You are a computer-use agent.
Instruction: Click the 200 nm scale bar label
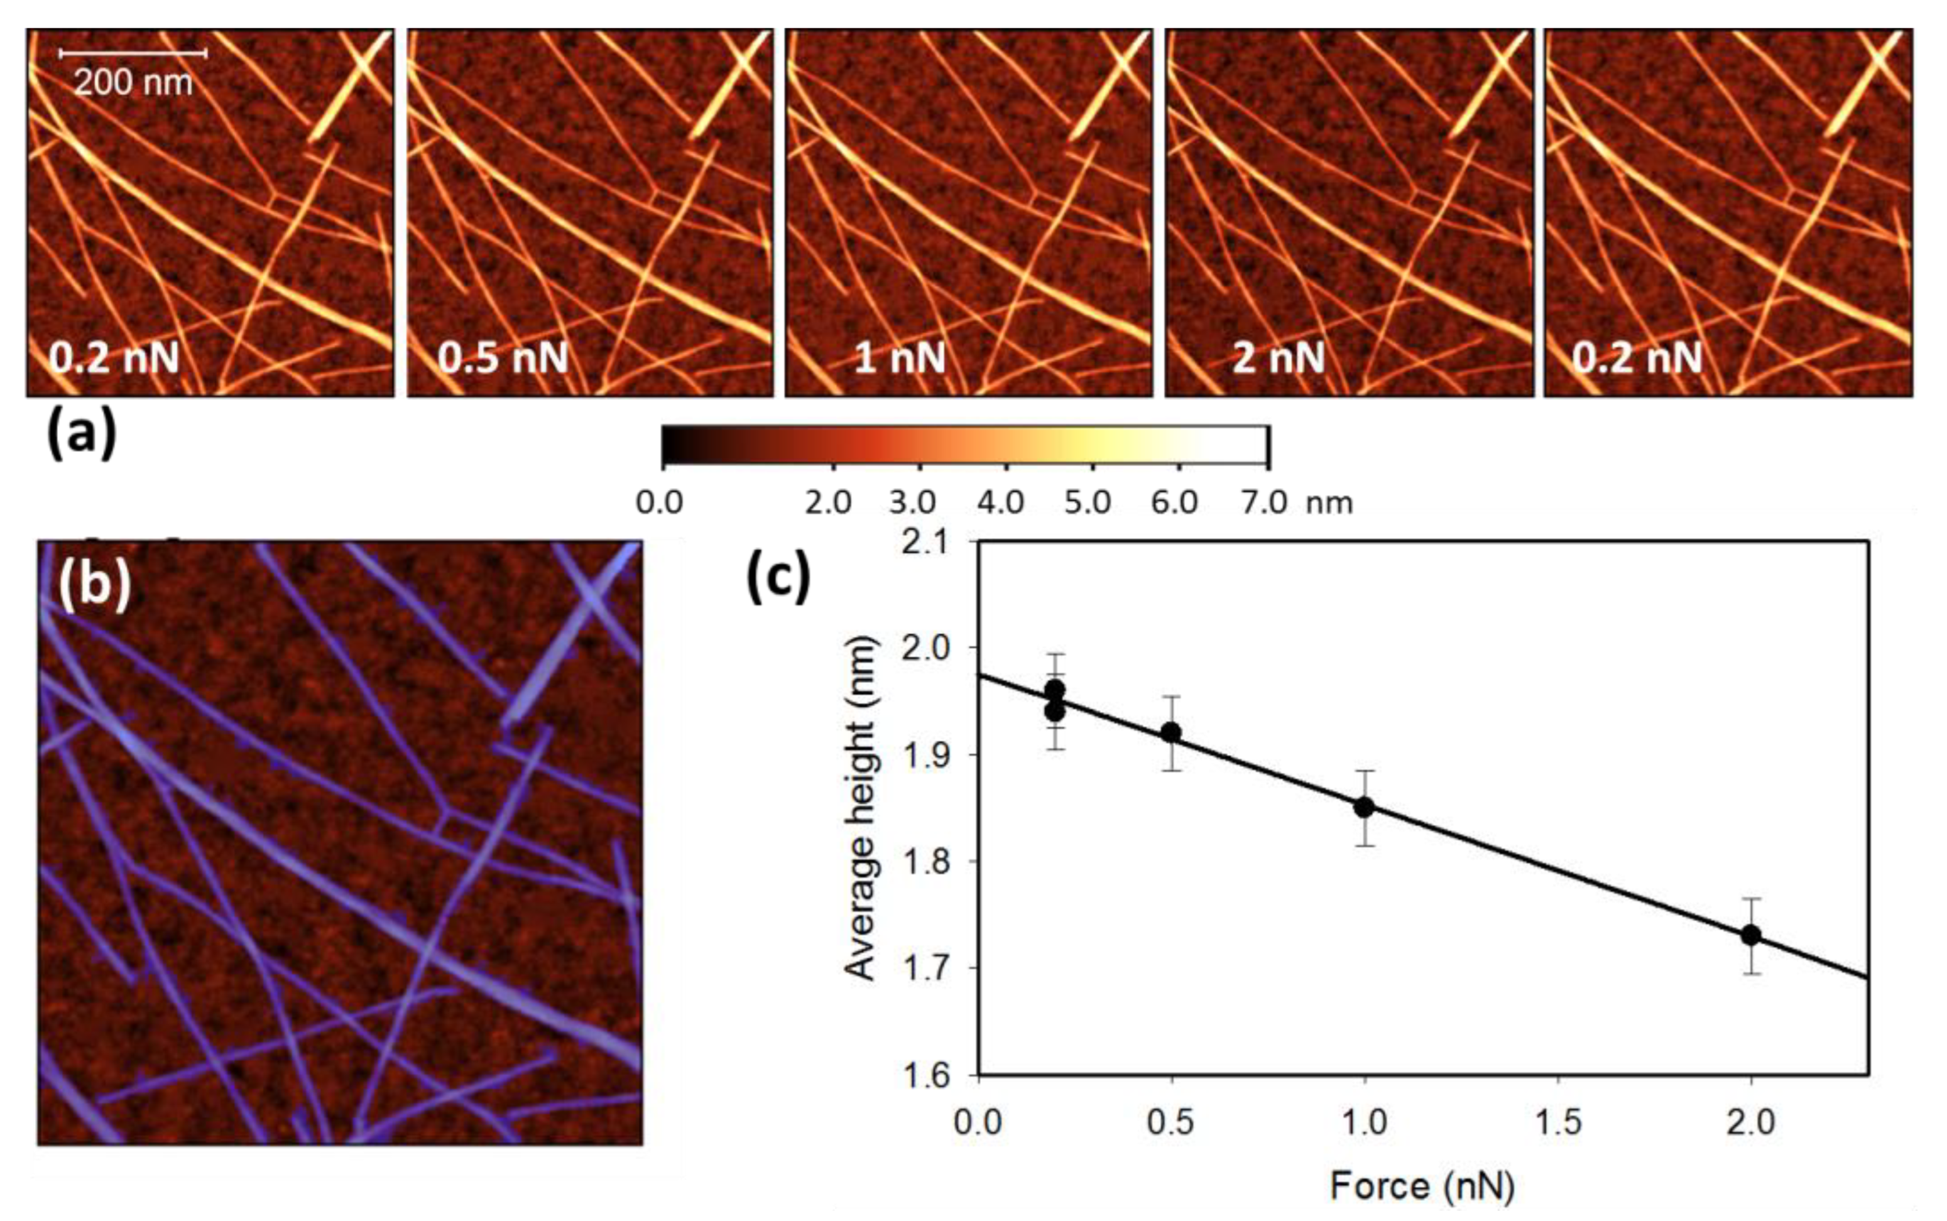(x=133, y=82)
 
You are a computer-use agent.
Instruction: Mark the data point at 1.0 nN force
(x=1364, y=806)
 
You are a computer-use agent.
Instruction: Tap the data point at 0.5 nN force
(x=1171, y=732)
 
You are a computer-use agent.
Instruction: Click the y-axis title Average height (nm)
(x=860, y=808)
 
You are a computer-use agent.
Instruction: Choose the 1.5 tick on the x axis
(x=1557, y=1122)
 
